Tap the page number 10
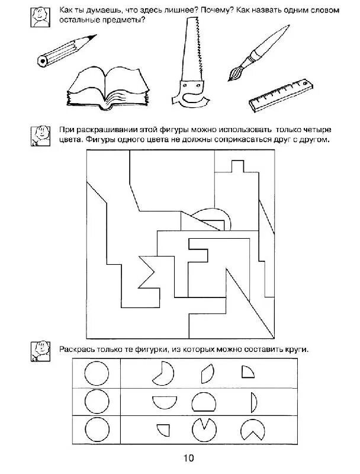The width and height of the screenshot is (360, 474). pyautogui.click(x=188, y=458)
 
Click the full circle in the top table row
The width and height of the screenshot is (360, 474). pyautogui.click(x=97, y=374)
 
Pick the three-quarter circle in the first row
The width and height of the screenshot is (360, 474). pyautogui.click(x=163, y=374)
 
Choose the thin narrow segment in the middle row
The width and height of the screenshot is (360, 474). pyautogui.click(x=254, y=403)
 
